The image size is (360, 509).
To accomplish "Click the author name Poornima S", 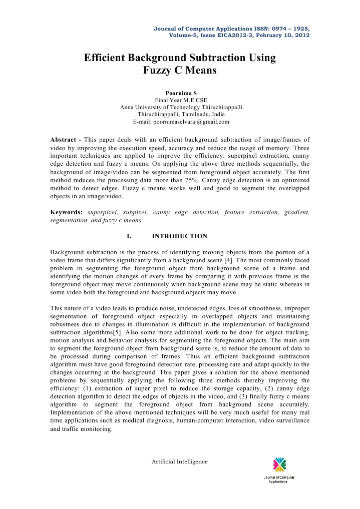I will (180, 93).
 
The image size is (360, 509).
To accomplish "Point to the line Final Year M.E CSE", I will (181, 100).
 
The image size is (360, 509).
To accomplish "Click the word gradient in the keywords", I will (297, 212).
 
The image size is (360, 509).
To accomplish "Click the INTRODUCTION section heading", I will (179, 236).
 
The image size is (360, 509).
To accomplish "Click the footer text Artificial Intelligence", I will (179, 461).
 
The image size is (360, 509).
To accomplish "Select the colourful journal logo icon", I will (279, 464).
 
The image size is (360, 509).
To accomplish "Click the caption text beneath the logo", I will (279, 479).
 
